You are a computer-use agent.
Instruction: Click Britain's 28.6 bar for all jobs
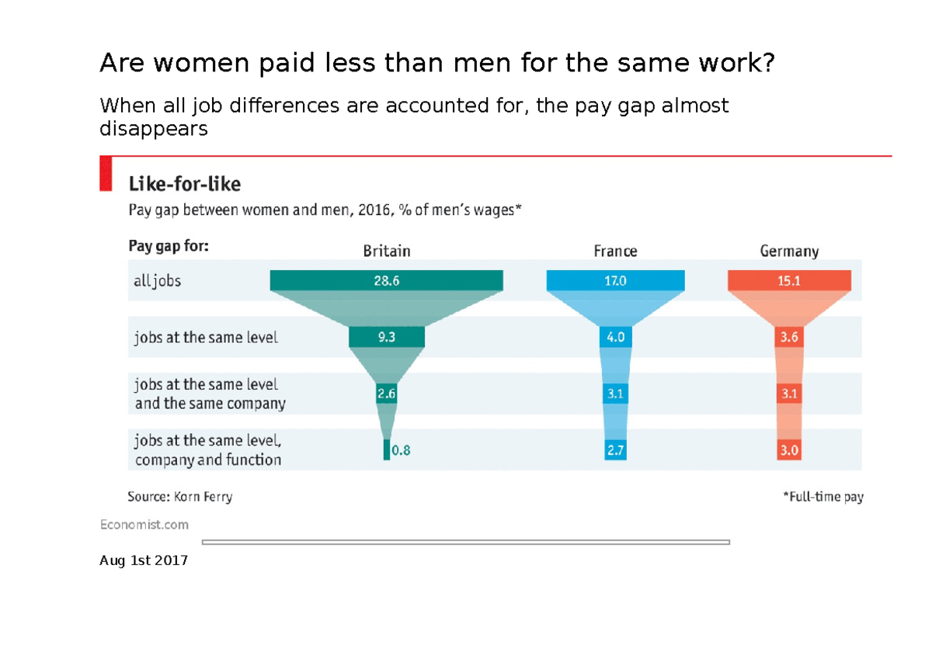click(386, 281)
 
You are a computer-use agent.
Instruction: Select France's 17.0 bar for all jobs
click(615, 281)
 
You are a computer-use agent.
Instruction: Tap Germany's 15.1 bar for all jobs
click(789, 281)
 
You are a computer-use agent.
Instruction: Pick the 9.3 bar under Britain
click(386, 338)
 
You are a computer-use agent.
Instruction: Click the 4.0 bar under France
click(615, 338)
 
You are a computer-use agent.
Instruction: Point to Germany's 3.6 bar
click(789, 338)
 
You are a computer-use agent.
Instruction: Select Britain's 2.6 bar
click(386, 394)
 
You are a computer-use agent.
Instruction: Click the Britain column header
click(386, 251)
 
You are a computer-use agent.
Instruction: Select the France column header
click(615, 251)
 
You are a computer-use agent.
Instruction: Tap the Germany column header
click(789, 251)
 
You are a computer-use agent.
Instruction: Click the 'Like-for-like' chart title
click(184, 185)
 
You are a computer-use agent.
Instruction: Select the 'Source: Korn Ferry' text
click(179, 497)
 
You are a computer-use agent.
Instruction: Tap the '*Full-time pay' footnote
click(822, 497)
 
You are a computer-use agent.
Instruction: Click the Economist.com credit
click(144, 525)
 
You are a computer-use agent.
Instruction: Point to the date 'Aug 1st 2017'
click(144, 560)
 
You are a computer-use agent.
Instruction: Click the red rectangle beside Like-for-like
click(106, 173)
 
